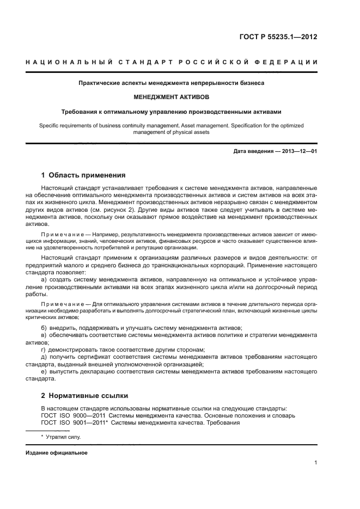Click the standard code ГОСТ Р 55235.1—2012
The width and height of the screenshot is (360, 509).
278,38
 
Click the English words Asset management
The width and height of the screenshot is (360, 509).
205,125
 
